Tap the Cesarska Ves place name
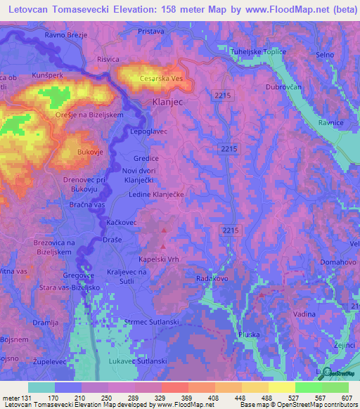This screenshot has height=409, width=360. tap(162, 79)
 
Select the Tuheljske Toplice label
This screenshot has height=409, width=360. tap(260, 53)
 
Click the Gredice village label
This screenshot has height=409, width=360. tap(146, 159)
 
